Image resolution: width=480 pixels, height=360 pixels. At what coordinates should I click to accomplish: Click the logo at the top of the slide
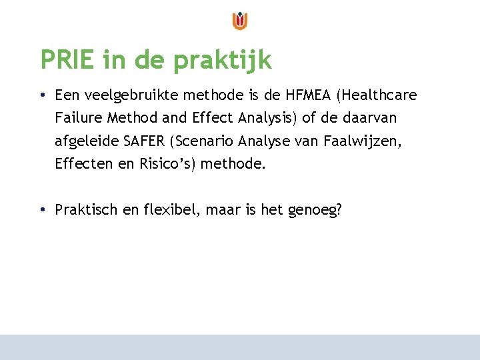(x=240, y=21)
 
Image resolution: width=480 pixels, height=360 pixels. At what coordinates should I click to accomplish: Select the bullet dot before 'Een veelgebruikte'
(x=42, y=95)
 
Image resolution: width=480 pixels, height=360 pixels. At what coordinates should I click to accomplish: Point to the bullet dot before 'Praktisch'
(x=42, y=210)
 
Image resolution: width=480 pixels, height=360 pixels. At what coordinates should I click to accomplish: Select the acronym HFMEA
(x=308, y=95)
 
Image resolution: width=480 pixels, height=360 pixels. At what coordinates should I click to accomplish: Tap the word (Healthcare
(x=377, y=95)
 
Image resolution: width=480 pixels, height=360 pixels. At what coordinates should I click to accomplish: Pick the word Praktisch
(x=86, y=210)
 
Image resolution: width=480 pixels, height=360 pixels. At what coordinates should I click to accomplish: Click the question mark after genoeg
(x=339, y=210)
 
